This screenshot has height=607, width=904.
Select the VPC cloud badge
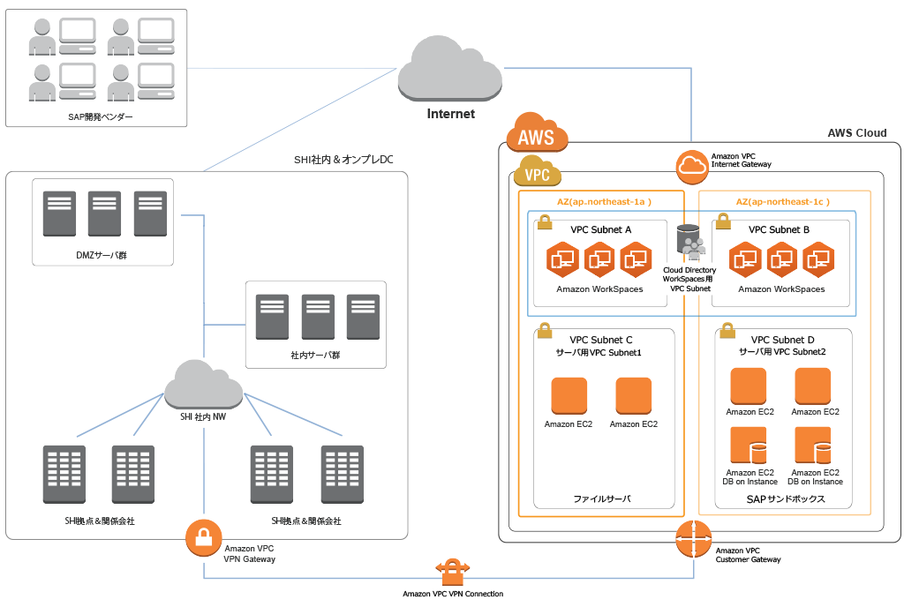(537, 172)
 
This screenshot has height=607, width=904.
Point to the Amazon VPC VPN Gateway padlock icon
(203, 537)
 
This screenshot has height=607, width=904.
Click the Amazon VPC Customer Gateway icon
(693, 539)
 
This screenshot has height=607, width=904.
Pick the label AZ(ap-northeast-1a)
(604, 201)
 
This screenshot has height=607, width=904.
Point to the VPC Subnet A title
(601, 229)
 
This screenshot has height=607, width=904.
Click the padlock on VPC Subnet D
(727, 330)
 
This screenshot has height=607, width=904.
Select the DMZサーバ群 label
(102, 256)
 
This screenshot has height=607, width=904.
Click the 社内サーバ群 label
(315, 357)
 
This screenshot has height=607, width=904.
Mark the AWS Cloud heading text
(856, 133)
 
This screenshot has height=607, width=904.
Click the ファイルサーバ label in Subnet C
(601, 499)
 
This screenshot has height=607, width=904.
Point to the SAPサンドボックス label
(784, 498)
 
